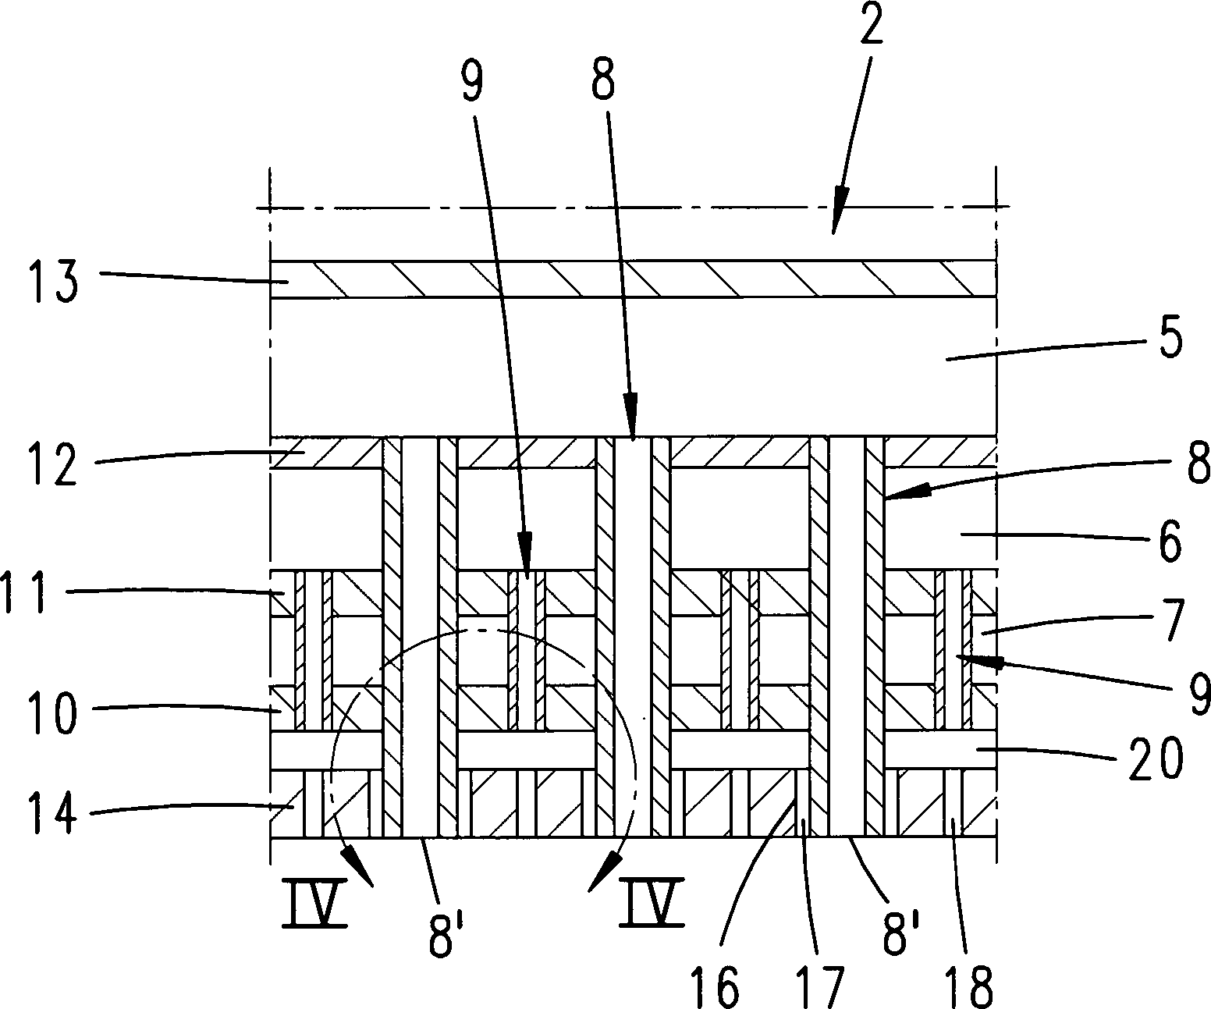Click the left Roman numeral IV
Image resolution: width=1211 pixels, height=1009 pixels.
coord(314,904)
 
